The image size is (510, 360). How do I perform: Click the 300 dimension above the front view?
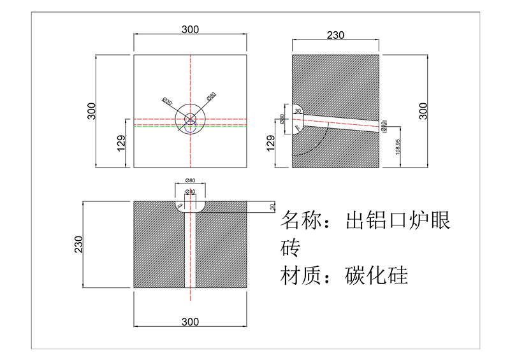tap(190, 29)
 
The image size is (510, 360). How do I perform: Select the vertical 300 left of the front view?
tap(92, 111)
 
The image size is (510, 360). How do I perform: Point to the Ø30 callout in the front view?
tap(167, 101)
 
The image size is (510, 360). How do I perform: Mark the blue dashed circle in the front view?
tap(190, 120)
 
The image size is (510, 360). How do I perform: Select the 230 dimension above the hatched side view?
tap(335, 35)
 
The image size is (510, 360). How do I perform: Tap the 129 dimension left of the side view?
tap(270, 143)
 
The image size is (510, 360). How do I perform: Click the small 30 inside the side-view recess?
tap(298, 111)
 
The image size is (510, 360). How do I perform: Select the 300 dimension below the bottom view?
tap(190, 322)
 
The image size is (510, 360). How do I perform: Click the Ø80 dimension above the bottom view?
tap(190, 181)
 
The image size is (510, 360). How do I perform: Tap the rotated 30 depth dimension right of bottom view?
tap(272, 207)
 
